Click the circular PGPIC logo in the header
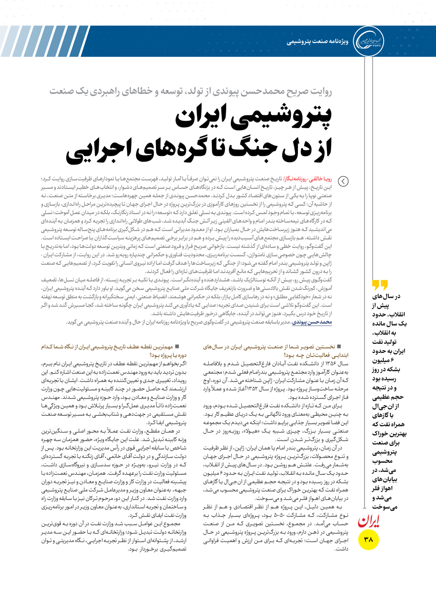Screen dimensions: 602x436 369,41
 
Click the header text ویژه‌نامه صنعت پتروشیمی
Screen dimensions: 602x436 317,42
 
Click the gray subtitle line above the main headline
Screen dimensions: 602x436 190,91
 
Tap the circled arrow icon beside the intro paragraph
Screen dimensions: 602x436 343,181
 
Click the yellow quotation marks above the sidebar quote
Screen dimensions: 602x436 380,285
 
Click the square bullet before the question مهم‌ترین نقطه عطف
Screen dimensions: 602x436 177,346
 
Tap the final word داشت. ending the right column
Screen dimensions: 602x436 341,549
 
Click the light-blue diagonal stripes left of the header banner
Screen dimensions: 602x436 42,41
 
